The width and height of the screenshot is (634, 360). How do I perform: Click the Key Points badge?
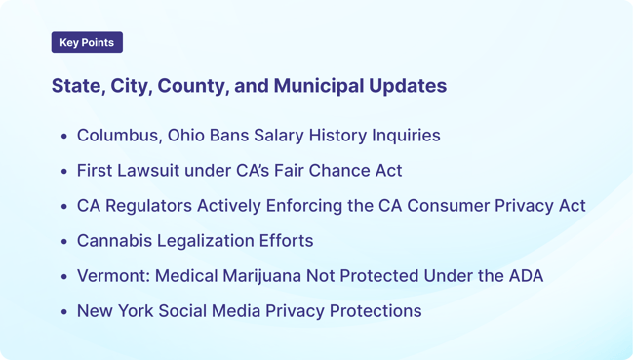[x=87, y=43]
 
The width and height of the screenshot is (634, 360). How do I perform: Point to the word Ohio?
[x=187, y=136]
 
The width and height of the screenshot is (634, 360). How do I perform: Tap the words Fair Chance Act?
[x=338, y=171]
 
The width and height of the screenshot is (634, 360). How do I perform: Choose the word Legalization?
[x=205, y=241]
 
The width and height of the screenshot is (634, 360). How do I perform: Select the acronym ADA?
[x=523, y=276]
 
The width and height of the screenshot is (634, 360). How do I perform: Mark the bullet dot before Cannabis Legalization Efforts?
[x=64, y=242]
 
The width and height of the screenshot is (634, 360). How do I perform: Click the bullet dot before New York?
[x=64, y=312]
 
